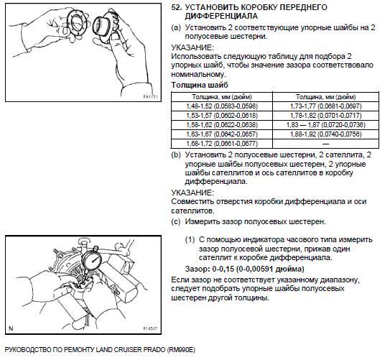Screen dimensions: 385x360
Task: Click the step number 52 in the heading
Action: pyautogui.click(x=176, y=7)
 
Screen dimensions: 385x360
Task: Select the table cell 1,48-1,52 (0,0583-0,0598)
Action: pyautogui.click(x=222, y=106)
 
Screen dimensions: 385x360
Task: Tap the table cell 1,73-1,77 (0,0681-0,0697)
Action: pyautogui.click(x=326, y=106)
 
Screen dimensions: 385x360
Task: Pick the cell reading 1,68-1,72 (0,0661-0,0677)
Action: pyautogui.click(x=222, y=144)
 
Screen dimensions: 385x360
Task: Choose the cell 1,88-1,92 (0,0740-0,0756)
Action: pyautogui.click(x=326, y=134)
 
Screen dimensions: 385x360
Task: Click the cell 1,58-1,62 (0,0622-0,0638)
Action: pyautogui.click(x=222, y=125)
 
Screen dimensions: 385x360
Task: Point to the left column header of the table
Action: pyautogui.click(x=222, y=97)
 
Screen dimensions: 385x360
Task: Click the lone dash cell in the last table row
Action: pyautogui.click(x=326, y=144)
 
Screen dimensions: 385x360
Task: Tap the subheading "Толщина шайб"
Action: pyautogui.click(x=200, y=85)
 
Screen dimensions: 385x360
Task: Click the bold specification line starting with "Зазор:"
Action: pyautogui.click(x=244, y=269)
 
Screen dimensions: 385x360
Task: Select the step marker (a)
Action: pyautogui.click(x=176, y=27)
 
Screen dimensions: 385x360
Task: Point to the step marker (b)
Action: pyautogui.click(x=176, y=155)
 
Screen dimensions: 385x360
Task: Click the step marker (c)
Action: pyautogui.click(x=176, y=222)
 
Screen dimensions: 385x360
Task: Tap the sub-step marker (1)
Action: pyautogui.click(x=190, y=240)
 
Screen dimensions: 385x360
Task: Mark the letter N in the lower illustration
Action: pyautogui.click(x=11, y=328)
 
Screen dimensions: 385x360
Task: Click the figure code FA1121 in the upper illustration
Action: pyautogui.click(x=150, y=97)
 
